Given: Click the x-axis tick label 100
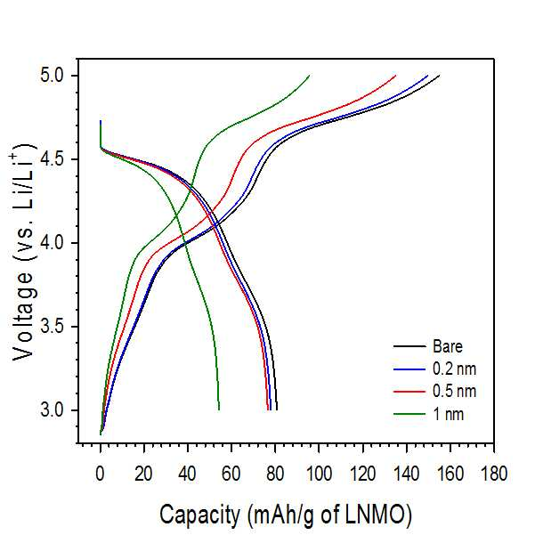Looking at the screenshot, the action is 319,474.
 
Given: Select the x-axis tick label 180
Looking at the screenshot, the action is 494,474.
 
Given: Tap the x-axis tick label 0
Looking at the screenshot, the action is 100,474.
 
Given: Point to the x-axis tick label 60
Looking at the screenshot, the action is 231,474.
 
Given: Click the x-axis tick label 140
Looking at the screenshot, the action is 406,474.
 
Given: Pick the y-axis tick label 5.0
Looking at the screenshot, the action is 53,76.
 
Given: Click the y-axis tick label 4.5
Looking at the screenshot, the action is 53,159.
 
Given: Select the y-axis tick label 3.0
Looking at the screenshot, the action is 53,409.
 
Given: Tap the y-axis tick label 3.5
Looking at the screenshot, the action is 53,327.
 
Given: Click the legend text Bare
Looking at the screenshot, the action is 448,346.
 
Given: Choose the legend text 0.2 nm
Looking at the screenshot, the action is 454,369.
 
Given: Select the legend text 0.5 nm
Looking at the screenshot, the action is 454,391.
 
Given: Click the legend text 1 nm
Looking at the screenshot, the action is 449,414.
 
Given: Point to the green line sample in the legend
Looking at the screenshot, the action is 409,414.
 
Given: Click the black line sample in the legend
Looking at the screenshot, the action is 409,346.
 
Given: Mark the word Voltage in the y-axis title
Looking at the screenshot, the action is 23,316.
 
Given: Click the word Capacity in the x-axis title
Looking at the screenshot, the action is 199,515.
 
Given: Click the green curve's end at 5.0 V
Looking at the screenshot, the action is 310,75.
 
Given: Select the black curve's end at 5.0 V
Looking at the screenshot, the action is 440,75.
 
